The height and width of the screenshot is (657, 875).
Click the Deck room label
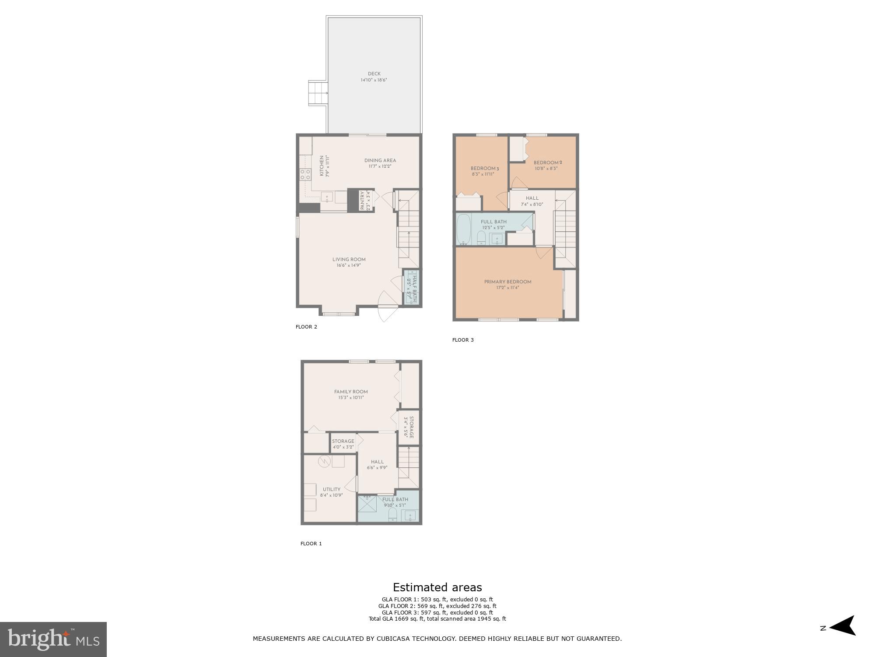(x=374, y=74)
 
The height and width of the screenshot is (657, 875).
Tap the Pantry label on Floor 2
(x=362, y=201)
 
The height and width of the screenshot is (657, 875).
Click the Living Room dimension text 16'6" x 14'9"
(x=349, y=265)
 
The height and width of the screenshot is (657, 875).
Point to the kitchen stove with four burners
(x=305, y=175)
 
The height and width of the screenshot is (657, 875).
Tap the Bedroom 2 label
(x=547, y=162)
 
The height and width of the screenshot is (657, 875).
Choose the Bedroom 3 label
(x=484, y=168)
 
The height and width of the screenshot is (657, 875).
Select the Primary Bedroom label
(x=507, y=282)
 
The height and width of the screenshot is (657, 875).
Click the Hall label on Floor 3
(x=532, y=198)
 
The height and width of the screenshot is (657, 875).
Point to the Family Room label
(x=351, y=392)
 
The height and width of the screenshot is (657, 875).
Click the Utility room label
(x=331, y=489)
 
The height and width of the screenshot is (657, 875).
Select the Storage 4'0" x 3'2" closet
(x=343, y=443)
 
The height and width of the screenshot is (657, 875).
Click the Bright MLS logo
(x=53, y=639)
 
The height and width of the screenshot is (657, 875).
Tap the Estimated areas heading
(x=437, y=587)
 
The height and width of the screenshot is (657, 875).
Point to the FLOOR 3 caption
(x=463, y=340)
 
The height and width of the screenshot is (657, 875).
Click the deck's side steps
(x=318, y=93)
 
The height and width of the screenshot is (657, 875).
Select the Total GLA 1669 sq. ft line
(x=437, y=619)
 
